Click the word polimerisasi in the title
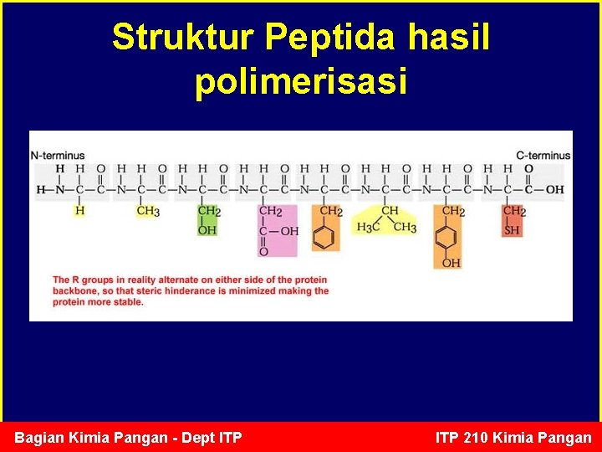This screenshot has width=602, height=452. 301,82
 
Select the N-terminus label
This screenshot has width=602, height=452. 58,155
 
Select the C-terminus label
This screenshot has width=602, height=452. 543,155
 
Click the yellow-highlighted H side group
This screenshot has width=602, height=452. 79,211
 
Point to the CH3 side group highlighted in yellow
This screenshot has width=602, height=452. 148,211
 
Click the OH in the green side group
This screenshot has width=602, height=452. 207,229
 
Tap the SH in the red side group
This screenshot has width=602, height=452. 512,229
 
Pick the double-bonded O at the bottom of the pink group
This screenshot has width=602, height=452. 264,250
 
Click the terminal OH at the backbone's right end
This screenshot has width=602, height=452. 554,190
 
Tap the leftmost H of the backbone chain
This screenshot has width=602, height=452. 40,190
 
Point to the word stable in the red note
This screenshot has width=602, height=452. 127,302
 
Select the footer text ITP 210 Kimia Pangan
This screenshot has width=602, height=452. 513,437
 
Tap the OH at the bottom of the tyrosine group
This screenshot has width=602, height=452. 450,263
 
